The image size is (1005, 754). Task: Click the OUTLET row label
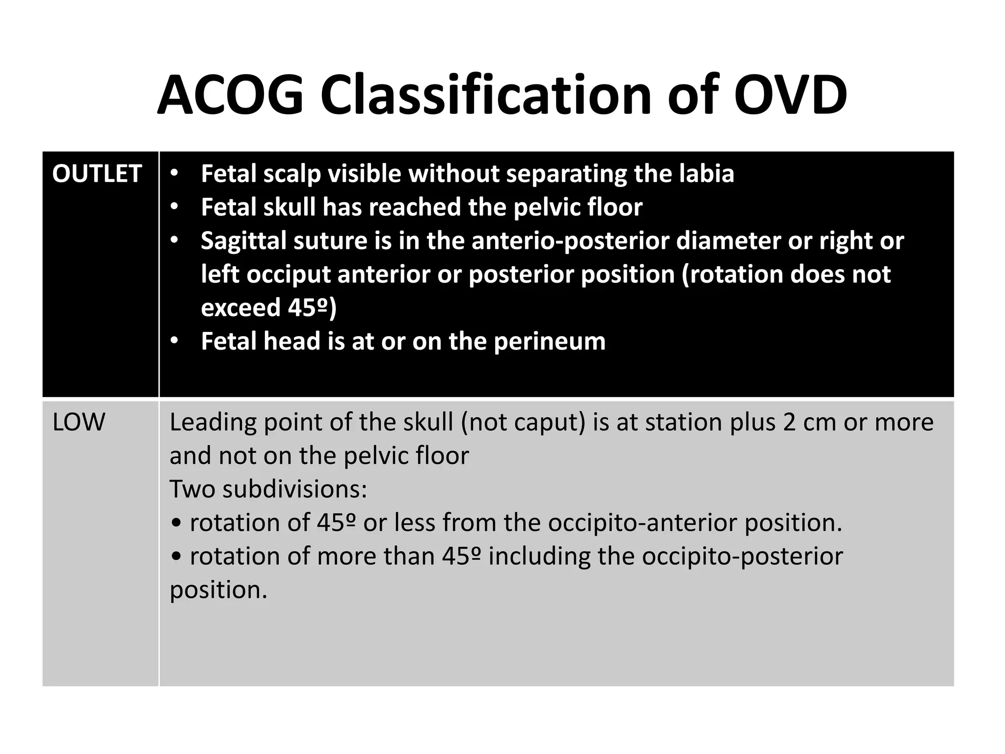[x=97, y=174]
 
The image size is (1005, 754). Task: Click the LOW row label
[x=79, y=422]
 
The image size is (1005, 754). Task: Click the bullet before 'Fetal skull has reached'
[x=175, y=208]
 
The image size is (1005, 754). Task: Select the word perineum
[x=550, y=341]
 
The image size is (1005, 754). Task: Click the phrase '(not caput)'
[x=523, y=423]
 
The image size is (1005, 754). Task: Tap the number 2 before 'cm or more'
[x=789, y=422]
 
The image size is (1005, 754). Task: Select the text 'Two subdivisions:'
[x=268, y=489]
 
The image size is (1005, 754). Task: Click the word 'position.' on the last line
[x=218, y=590]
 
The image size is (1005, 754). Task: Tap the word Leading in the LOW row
[x=212, y=423]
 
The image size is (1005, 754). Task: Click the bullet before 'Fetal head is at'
[x=175, y=341]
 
